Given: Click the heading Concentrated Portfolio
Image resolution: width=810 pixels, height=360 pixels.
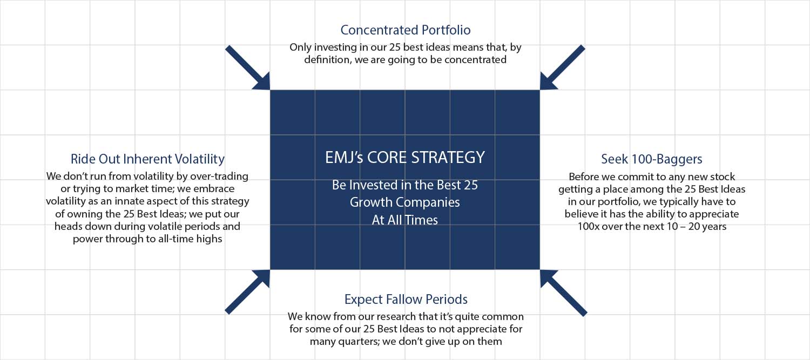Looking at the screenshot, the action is [x=406, y=30].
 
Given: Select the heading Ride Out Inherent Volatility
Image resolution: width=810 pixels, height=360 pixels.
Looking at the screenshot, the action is [x=147, y=159].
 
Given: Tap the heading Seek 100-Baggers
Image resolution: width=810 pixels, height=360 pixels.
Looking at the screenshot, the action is [x=652, y=159].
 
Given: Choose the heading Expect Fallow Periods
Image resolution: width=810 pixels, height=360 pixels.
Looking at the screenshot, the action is [x=406, y=299].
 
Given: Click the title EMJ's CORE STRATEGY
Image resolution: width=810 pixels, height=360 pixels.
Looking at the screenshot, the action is [x=405, y=157].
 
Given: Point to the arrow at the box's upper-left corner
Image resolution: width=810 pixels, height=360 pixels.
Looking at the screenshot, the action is [x=248, y=68].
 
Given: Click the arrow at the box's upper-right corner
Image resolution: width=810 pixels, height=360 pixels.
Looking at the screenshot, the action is [x=562, y=67].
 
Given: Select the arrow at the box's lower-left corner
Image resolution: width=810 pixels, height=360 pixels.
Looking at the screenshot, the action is [x=248, y=291].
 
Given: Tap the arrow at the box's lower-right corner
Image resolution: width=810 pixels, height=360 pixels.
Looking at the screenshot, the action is [x=563, y=293].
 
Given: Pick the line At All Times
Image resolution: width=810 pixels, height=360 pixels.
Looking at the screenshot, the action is [x=405, y=220].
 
